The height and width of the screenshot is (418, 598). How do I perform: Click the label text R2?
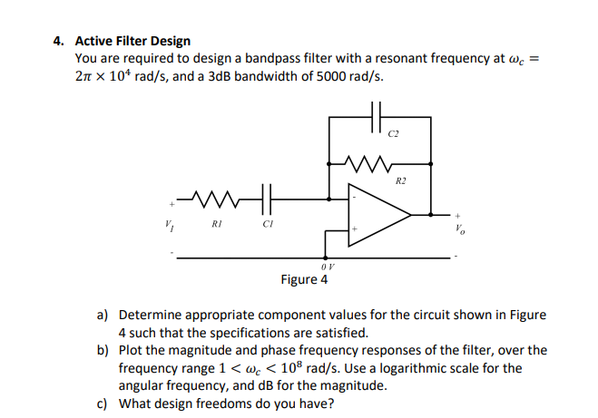(400, 181)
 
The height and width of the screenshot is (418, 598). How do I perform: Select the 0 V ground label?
(328, 267)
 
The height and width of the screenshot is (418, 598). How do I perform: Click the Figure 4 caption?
(304, 279)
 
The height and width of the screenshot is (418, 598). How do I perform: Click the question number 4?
(58, 41)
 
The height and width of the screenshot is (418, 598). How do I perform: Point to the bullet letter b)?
(103, 350)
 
